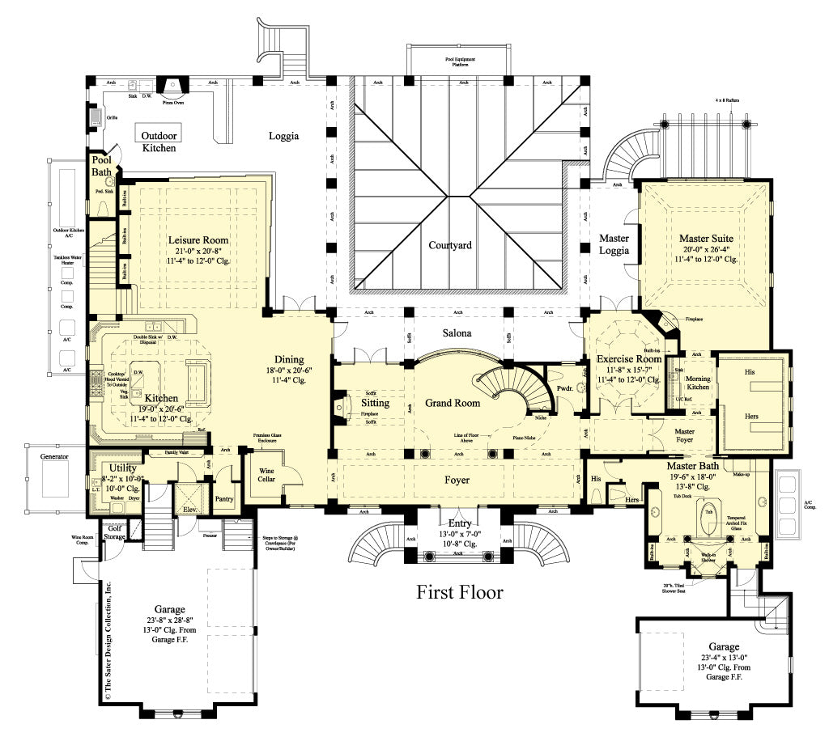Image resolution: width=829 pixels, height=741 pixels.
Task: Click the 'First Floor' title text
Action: (460, 593)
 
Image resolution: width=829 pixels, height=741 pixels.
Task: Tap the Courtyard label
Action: (450, 245)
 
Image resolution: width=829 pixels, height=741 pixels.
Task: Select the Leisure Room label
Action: (198, 240)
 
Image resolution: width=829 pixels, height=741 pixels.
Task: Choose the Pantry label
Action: (223, 499)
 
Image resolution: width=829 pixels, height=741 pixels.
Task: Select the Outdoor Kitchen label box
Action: (160, 142)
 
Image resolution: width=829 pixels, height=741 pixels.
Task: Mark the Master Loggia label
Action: (614, 244)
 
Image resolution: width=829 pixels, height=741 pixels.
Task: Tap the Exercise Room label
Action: (629, 358)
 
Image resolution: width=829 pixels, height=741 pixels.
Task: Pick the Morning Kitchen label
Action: (698, 383)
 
